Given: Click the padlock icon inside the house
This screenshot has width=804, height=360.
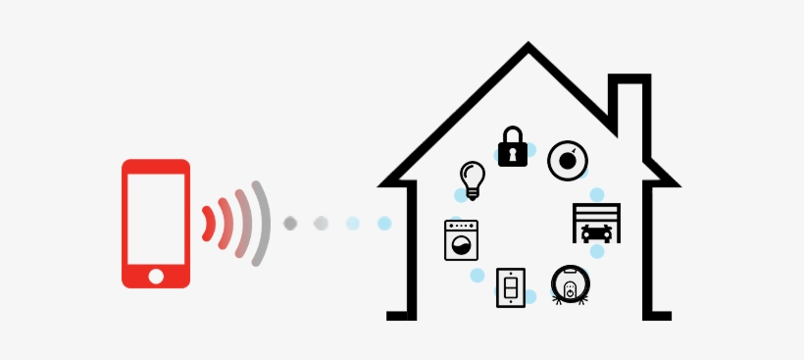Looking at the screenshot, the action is click(x=513, y=147).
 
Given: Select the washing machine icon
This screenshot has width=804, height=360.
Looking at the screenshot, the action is click(x=461, y=239).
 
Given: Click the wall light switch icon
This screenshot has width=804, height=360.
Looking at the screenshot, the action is click(x=510, y=286).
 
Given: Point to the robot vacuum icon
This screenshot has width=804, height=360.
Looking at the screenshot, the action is click(x=568, y=284).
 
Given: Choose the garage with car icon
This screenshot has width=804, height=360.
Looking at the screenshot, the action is click(x=596, y=223).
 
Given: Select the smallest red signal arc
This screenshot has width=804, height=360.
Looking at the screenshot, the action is click(x=208, y=224).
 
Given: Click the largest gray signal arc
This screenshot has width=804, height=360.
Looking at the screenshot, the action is click(x=261, y=224).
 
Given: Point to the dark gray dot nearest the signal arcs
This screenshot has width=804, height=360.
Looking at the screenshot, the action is click(x=290, y=224).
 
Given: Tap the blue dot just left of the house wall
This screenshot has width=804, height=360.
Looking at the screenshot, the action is click(x=384, y=224).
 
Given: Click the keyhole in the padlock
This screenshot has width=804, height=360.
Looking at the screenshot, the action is click(x=513, y=153).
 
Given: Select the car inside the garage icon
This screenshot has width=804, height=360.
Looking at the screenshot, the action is click(x=596, y=232).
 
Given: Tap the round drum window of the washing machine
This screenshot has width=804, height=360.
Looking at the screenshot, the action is click(x=461, y=244).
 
